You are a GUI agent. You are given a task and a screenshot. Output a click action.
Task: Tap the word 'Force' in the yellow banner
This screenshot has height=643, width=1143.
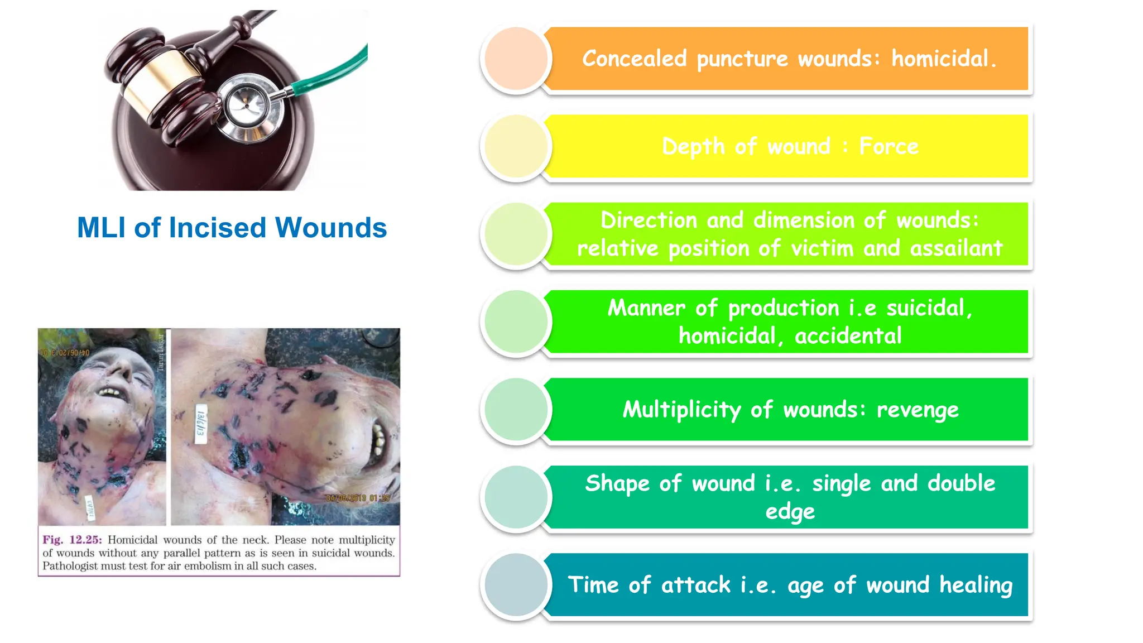point(889,147)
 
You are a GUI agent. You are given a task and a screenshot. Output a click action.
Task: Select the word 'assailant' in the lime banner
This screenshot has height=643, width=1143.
point(956,248)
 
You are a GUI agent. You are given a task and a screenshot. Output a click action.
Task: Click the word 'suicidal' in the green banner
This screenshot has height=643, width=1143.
point(929,308)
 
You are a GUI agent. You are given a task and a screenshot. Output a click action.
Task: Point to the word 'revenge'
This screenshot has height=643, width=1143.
point(918,410)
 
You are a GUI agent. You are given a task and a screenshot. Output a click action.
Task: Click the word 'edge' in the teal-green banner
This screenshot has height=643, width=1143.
point(790,512)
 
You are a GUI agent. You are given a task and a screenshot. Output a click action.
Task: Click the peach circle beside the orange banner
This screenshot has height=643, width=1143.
point(516,59)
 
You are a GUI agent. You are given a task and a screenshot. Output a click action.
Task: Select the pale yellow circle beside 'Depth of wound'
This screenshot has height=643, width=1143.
point(516,146)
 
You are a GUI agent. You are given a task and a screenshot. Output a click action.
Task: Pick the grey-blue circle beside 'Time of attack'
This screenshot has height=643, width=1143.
point(516,585)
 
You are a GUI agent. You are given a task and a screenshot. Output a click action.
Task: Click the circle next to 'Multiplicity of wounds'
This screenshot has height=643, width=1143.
point(516,410)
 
